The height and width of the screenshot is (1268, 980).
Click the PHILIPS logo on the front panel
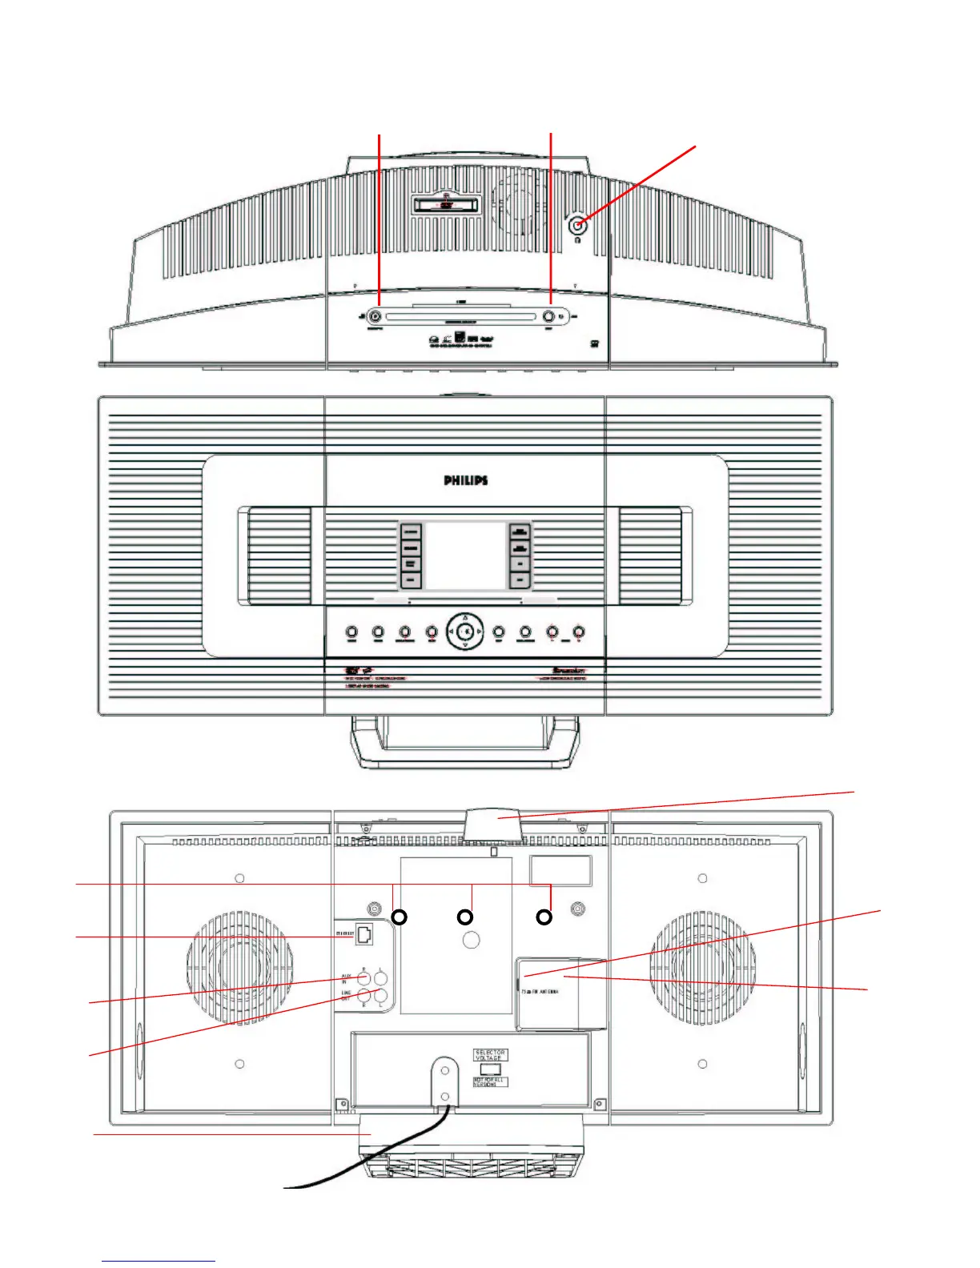(x=466, y=480)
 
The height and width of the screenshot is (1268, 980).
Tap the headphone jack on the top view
(x=577, y=226)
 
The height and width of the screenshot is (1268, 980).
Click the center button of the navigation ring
(x=465, y=632)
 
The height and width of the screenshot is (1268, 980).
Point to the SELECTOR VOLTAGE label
(x=490, y=1055)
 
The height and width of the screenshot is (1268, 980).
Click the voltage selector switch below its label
(x=490, y=1069)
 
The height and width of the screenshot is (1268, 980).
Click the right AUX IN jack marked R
(x=364, y=977)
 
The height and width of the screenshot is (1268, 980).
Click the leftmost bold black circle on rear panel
(x=399, y=917)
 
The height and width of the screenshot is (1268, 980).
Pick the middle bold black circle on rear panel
(x=464, y=917)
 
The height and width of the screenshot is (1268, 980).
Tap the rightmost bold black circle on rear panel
(x=544, y=917)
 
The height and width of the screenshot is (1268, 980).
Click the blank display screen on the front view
(x=464, y=556)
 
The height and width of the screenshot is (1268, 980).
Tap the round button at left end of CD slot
(x=376, y=316)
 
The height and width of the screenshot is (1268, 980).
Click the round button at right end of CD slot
(x=549, y=316)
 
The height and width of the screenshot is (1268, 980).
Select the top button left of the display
(x=411, y=532)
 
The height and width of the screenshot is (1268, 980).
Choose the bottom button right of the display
(x=520, y=579)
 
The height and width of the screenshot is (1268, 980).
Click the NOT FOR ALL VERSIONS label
(x=490, y=1082)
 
